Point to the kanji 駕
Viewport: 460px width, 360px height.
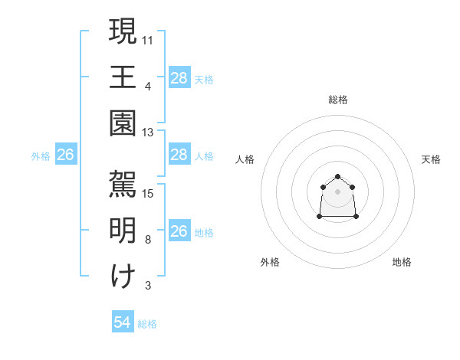(123, 184)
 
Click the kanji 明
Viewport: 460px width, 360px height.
(123, 231)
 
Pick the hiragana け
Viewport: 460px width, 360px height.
(123, 277)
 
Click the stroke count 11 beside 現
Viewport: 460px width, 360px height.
(148, 39)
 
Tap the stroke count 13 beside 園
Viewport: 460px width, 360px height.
(148, 133)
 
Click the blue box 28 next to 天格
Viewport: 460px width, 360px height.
(179, 77)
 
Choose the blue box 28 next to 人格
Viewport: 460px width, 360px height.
(179, 155)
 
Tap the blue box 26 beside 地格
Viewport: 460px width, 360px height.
(179, 231)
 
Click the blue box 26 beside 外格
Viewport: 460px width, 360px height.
(65, 155)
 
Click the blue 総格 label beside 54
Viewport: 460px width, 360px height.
(147, 324)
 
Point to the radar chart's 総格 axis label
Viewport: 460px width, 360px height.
(338, 100)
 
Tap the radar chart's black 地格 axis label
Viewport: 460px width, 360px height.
(402, 262)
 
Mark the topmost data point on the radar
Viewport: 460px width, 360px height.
(337, 177)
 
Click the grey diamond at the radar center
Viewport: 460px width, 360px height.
(337, 191)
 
